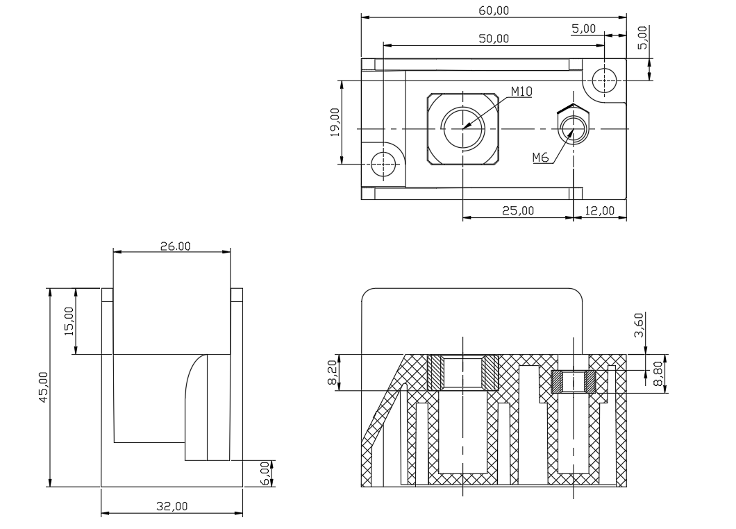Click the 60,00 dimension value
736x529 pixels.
494,10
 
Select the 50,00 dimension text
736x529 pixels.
494,38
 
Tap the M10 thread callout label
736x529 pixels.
521,92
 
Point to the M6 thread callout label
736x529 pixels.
540,158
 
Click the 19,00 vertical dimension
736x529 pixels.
335,122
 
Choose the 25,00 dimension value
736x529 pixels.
518,211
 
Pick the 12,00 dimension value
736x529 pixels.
599,211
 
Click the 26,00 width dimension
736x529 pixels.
176,246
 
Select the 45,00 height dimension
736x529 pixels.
43,387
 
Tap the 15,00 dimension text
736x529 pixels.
69,321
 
